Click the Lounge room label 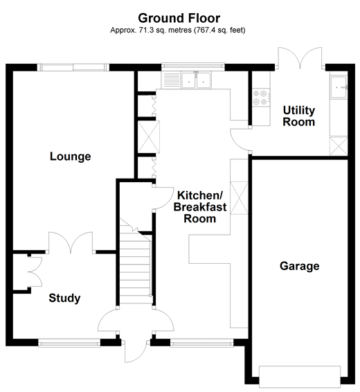(x=71, y=157)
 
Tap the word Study (x=64, y=299)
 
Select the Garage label (x=300, y=266)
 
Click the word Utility (x=299, y=111)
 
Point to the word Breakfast (x=196, y=207)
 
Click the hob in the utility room (x=262, y=97)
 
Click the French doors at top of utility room (x=298, y=60)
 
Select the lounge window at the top (x=73, y=67)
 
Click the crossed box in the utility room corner (x=337, y=147)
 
